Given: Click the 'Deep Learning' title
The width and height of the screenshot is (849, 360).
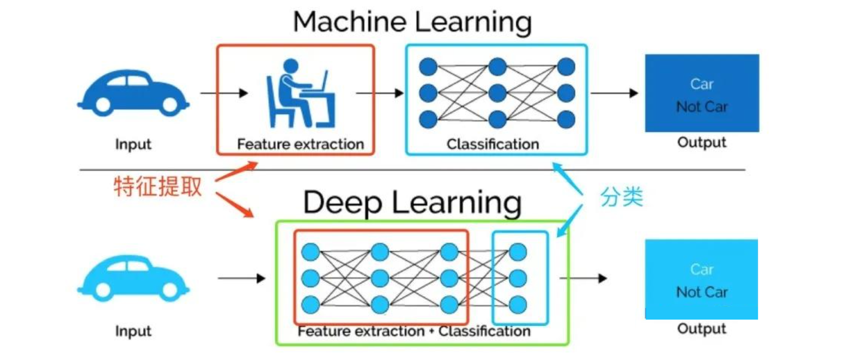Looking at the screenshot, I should pos(412,202).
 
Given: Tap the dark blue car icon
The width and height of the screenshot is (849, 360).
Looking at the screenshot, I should pos(133,93).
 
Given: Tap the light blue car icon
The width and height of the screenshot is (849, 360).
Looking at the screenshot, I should pos(133,278).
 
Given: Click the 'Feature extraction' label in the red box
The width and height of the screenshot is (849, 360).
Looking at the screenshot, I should pos(300,144).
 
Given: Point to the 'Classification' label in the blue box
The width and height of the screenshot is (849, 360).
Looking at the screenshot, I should pos(493,144).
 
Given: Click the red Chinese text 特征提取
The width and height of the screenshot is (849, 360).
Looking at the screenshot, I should pos(158,186).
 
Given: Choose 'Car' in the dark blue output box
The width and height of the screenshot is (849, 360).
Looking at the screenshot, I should pos(702,84).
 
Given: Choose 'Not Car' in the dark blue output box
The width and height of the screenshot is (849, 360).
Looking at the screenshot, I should pos(702,107).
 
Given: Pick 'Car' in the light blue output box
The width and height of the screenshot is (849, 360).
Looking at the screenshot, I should pos(702,269).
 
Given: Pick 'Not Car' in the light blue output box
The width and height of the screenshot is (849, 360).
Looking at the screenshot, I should pos(702,292).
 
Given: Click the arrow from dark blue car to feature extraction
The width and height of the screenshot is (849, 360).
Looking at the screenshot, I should pos(224,93).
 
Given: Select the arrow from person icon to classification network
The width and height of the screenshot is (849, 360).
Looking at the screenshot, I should pos(380,93).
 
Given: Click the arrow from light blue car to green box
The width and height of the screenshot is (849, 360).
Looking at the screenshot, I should pos(241,278).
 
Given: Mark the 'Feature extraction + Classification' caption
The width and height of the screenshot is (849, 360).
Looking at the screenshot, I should pos(414,331).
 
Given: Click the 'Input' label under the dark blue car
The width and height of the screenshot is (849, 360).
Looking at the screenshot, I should pos(133,144).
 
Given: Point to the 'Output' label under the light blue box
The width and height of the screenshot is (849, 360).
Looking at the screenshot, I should pos(702,329).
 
